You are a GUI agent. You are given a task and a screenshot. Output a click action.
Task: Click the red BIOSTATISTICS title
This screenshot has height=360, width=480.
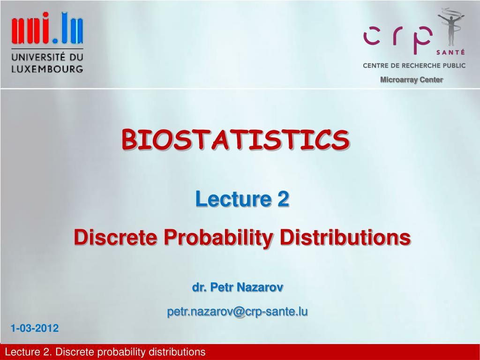(x=235, y=140)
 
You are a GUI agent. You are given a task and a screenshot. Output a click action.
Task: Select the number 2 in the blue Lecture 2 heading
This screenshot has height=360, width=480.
(x=284, y=199)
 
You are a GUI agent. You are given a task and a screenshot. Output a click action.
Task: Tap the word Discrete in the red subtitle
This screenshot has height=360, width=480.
(x=115, y=238)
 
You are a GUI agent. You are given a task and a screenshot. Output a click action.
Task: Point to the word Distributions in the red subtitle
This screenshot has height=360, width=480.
(x=345, y=238)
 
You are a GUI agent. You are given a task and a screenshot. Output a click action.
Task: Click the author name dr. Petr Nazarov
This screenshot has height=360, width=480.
(x=238, y=287)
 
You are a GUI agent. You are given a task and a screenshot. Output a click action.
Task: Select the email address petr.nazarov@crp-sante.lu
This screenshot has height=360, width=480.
(x=237, y=312)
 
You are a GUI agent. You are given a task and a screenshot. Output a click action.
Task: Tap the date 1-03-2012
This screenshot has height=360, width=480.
(x=35, y=328)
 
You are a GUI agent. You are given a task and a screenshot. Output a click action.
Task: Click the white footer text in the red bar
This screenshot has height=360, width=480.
(x=105, y=352)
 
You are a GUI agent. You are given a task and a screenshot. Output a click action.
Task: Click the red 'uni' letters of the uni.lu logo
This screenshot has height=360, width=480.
(x=30, y=28)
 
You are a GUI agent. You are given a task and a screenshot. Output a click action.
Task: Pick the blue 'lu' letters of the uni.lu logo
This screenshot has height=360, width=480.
(x=72, y=28)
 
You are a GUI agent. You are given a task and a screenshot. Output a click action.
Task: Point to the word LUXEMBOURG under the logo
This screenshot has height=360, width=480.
(x=47, y=69)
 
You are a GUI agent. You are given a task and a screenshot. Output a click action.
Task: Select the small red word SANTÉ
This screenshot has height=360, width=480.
(x=450, y=52)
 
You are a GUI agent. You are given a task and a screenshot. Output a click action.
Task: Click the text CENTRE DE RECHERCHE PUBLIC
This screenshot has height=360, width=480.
(x=414, y=66)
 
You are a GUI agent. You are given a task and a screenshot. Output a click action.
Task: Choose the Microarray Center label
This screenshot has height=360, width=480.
(x=412, y=80)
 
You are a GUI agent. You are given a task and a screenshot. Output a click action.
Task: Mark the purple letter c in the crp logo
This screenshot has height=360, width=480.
(x=372, y=36)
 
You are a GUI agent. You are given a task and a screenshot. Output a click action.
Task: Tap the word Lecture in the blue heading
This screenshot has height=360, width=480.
(x=233, y=199)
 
